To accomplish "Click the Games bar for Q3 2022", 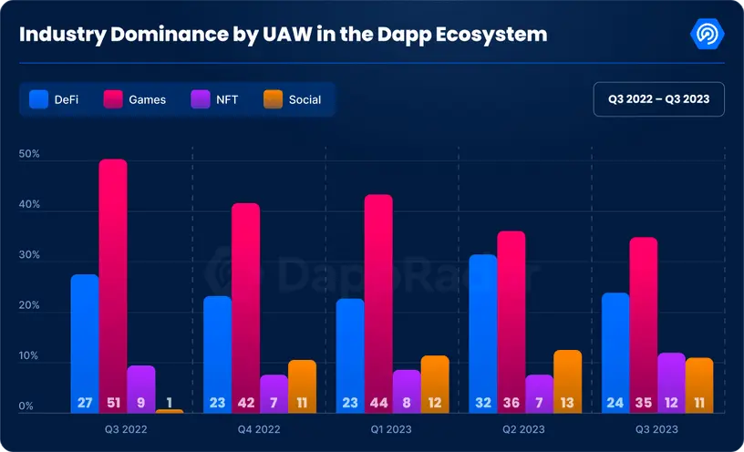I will pos(113,282).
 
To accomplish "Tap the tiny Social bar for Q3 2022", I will pos(170,411).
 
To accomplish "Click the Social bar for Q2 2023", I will pos(567,378).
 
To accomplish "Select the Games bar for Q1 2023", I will pos(378,301).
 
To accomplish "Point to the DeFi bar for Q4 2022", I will pos(217,351).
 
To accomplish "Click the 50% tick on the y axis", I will pos(29,154).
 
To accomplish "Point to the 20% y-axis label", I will pos(29,306).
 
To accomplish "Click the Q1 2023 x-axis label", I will pos(392,429).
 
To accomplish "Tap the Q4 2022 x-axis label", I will pos(259,429).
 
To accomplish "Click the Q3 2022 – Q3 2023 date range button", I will pos(658,98).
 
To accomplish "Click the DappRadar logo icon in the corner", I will pos(708,35).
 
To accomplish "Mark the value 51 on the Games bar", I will pos(113,402).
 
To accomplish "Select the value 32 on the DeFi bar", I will pos(483,402).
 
